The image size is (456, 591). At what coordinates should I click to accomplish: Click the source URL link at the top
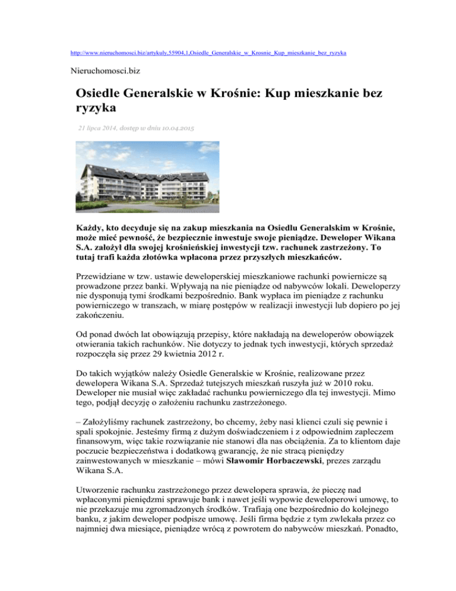point(208,53)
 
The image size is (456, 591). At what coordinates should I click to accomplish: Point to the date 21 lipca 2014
point(104,128)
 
